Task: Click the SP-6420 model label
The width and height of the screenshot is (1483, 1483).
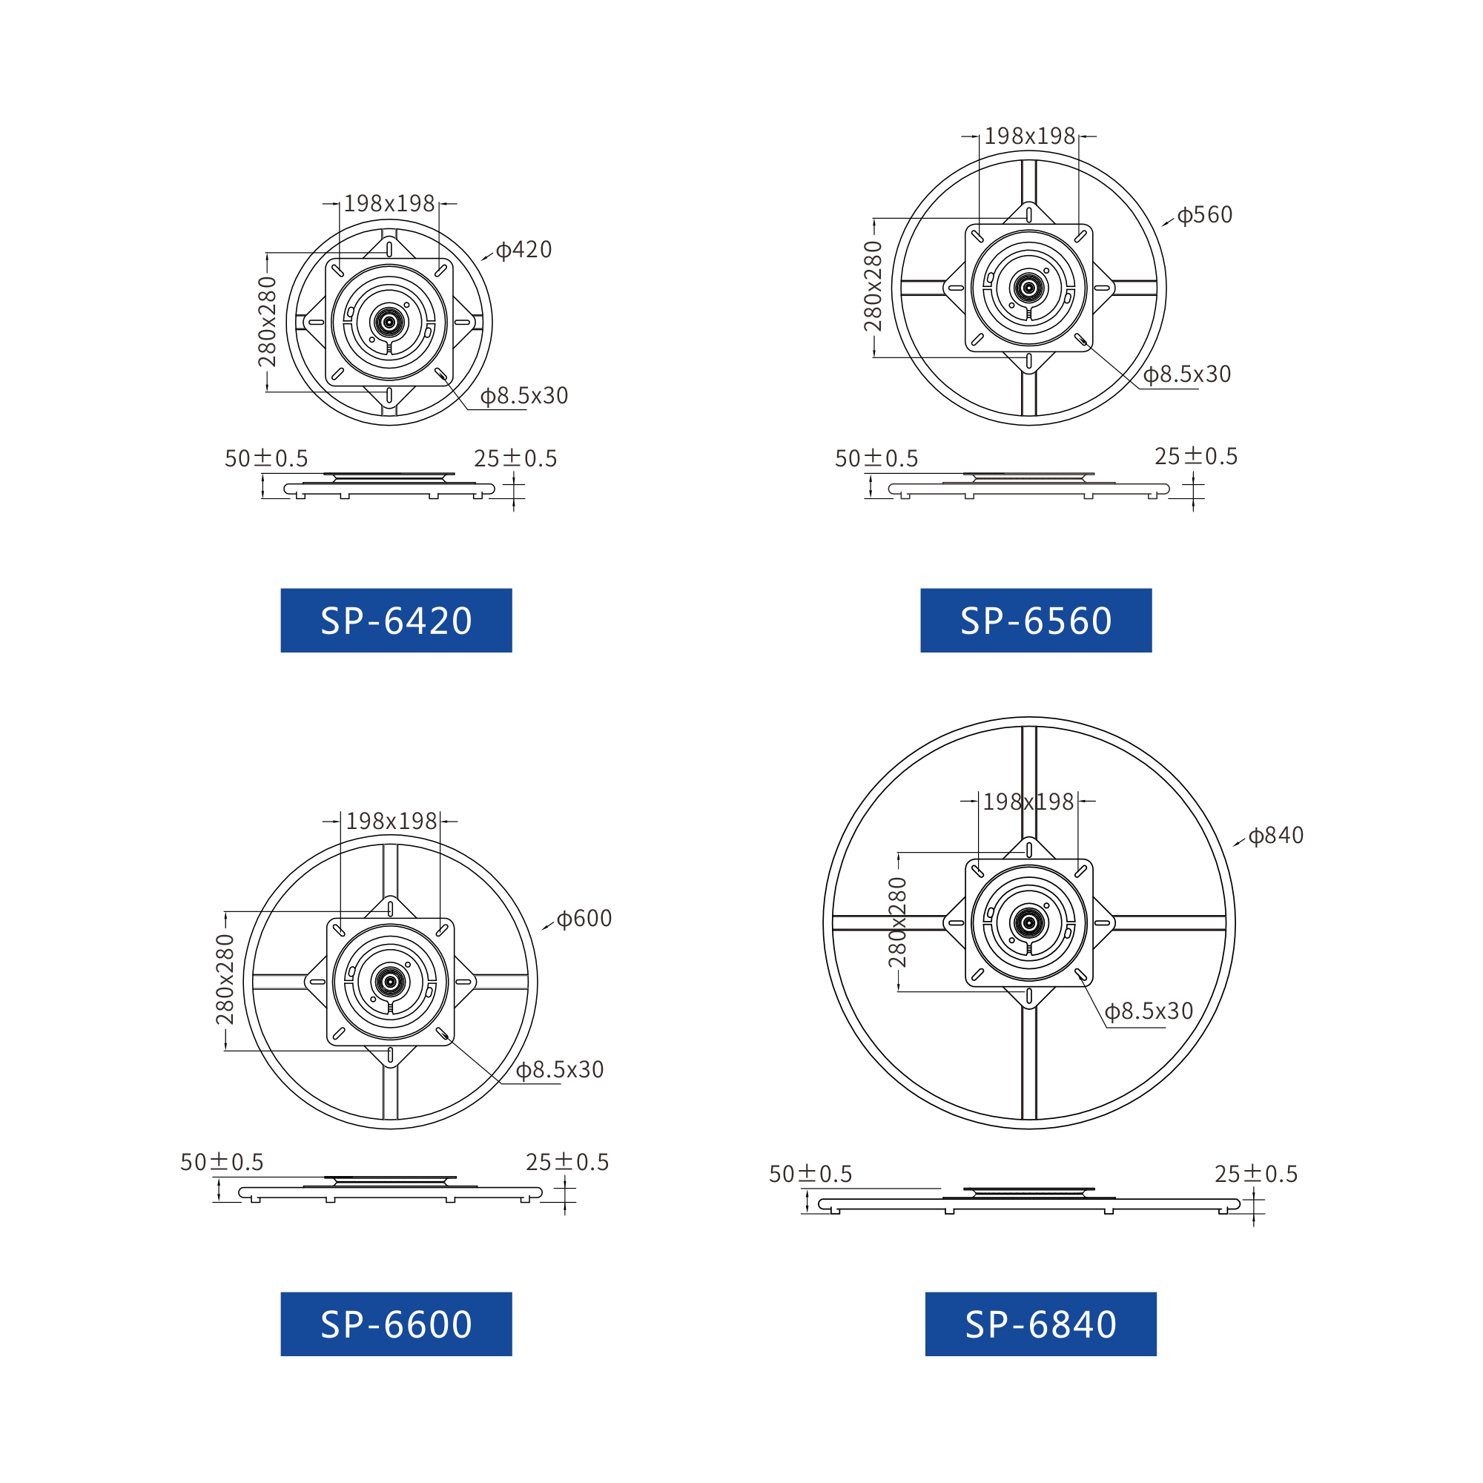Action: pyautogui.click(x=396, y=620)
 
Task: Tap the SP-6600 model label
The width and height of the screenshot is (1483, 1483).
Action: pyautogui.click(x=396, y=1324)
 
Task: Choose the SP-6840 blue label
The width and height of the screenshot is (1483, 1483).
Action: pyautogui.click(x=1040, y=1324)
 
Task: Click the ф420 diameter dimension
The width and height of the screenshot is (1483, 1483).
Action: pyautogui.click(x=523, y=249)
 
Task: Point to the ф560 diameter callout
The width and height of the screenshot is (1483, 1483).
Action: pyautogui.click(x=1204, y=215)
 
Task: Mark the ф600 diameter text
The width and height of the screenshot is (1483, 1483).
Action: pyautogui.click(x=584, y=919)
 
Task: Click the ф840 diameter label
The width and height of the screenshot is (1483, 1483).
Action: pyautogui.click(x=1275, y=835)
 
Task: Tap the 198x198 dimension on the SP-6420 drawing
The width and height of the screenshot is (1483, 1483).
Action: pyautogui.click(x=389, y=203)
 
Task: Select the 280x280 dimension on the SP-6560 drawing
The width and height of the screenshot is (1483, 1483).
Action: pyautogui.click(x=873, y=285)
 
